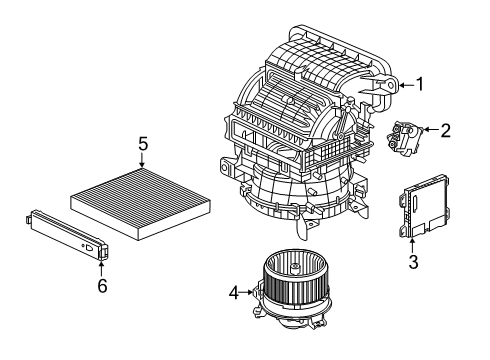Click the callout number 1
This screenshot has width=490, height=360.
(420, 84)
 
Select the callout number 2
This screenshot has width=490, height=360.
(445, 130)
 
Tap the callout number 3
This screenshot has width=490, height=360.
(413, 262)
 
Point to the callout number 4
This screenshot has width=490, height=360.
(234, 293)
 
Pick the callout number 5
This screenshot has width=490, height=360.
(143, 145)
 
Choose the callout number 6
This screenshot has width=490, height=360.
(102, 286)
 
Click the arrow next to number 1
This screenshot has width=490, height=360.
(407, 85)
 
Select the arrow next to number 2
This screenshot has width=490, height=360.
(430, 129)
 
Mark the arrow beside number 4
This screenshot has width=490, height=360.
(247, 292)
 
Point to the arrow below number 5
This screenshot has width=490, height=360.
(142, 160)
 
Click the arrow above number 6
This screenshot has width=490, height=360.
(101, 268)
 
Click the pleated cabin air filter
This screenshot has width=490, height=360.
(140, 203)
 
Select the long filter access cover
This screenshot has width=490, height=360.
(67, 234)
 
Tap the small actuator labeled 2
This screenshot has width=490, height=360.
(404, 138)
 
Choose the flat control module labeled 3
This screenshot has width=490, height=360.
(424, 206)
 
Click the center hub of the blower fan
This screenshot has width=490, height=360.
(294, 267)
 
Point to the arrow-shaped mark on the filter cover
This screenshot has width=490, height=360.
(90, 248)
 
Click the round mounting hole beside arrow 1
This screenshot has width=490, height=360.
(391, 85)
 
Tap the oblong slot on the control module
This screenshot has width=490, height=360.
(415, 203)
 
